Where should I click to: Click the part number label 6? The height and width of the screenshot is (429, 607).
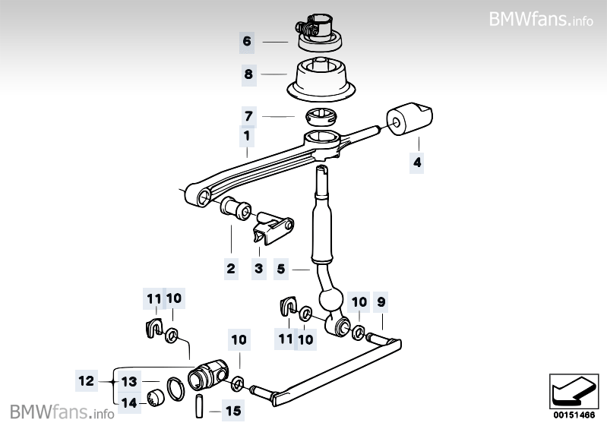pos(246,41)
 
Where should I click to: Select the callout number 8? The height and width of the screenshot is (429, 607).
pos(248,74)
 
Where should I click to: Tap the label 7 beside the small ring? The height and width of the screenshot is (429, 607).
pos(248,116)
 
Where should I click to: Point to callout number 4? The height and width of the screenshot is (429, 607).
pos(416,162)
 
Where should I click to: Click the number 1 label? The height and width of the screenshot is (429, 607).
pos(246,137)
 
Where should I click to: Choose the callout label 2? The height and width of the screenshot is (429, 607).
pos(231,268)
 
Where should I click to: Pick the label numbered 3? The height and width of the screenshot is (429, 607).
pos(258,268)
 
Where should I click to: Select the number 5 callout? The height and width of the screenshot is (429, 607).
pos(281,268)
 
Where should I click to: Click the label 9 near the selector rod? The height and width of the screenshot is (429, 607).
pos(381,302)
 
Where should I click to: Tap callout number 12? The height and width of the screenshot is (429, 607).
pos(88,381)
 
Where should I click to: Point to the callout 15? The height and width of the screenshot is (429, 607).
pos(233,412)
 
